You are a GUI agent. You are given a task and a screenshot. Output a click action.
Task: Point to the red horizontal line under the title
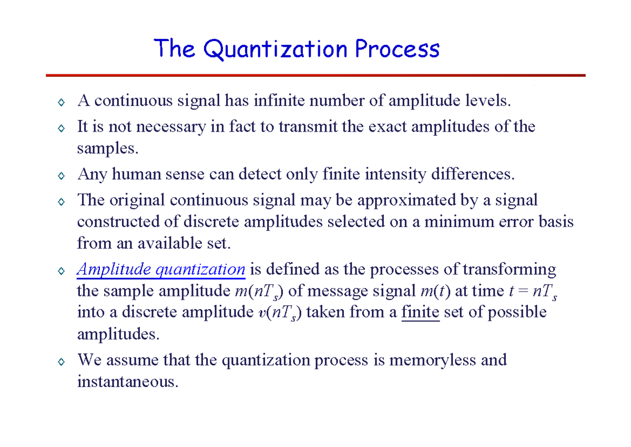[315, 75]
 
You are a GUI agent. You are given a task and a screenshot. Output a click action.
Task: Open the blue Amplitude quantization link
[161, 270]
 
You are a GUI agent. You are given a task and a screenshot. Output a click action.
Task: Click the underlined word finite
[420, 312]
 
